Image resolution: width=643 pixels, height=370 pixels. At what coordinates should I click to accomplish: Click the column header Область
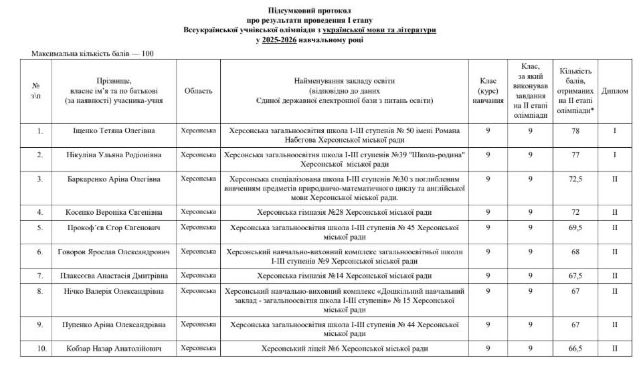(199, 91)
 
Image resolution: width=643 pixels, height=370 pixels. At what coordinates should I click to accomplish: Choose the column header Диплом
(614, 91)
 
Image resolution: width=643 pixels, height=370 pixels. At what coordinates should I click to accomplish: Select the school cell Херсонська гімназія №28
(345, 212)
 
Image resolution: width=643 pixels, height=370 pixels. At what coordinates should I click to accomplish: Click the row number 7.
(39, 275)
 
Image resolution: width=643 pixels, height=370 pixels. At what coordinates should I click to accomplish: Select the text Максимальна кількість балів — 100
(93, 54)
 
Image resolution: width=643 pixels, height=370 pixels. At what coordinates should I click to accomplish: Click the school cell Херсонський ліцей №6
(345, 349)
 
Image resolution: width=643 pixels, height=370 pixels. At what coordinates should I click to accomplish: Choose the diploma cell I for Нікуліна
(614, 155)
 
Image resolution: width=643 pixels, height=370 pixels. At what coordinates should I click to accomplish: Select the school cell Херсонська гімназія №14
(345, 275)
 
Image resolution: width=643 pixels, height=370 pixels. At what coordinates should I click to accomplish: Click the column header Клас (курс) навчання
(488, 91)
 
